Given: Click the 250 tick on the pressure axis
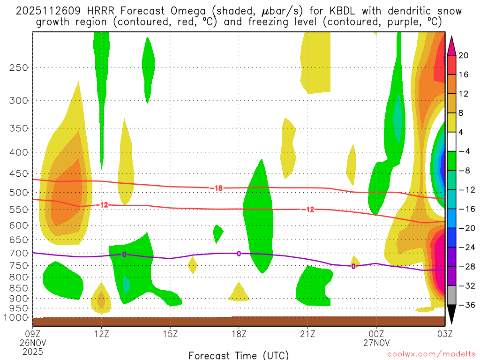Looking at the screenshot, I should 19,67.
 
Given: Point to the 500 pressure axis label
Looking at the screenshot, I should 19,193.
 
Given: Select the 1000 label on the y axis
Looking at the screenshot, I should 17,317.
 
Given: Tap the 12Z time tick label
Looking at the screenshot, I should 102,335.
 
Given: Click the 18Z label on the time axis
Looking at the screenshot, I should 239,335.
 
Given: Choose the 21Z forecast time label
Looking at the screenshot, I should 307,335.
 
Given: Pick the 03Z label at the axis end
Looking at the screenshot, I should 444,335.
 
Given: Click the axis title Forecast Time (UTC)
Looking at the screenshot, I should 239,355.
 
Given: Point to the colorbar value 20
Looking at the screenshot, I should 463,55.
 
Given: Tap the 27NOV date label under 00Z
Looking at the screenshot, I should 376,343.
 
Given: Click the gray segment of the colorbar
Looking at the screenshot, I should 452,295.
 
